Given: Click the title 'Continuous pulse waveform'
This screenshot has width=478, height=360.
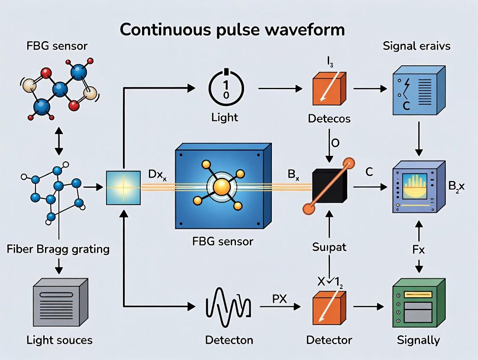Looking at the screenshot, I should tap(233, 30).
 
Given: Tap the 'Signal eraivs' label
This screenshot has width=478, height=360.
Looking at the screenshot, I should tap(417, 46).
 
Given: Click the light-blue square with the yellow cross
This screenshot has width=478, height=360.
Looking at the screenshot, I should tap(123, 187).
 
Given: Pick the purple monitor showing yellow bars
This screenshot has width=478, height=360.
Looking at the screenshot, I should tap(417, 187).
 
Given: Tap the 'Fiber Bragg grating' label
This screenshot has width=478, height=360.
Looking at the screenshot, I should tap(58, 249).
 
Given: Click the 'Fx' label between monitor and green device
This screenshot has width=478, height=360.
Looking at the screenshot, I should tap(419, 250).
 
